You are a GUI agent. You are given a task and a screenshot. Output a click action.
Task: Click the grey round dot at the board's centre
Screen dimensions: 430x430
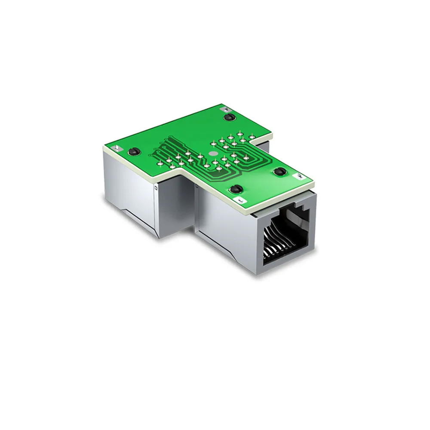pyautogui.click(x=211, y=153)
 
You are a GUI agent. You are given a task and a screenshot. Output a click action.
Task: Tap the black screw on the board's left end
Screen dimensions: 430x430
pyautogui.click(x=133, y=151)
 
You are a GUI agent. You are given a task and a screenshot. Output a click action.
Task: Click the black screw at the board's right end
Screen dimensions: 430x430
pyautogui.click(x=279, y=172)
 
